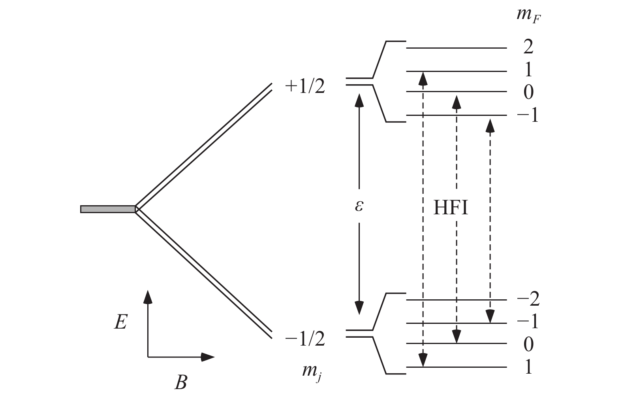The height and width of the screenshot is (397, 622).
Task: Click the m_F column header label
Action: [528, 15]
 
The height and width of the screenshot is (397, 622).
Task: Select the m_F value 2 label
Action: [528, 47]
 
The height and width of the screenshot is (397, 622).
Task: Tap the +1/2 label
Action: [305, 87]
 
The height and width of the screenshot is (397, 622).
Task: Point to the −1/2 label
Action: [305, 339]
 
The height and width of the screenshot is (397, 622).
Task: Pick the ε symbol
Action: [359, 206]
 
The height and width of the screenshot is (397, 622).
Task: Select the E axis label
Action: [120, 322]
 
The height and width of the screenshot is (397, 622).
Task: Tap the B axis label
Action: [181, 382]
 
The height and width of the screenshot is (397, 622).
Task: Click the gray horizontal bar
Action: [108, 209]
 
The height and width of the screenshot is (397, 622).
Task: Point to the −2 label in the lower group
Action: [528, 299]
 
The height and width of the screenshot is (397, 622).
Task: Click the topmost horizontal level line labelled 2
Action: [457, 48]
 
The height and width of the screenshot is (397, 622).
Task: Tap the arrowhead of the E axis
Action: [148, 297]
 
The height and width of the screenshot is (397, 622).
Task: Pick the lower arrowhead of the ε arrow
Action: [359, 308]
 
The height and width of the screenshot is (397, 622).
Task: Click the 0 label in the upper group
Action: [528, 92]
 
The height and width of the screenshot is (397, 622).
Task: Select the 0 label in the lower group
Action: [528, 344]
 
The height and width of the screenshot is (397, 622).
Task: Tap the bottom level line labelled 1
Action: [457, 367]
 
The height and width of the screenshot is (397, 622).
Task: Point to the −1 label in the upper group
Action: [528, 115]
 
